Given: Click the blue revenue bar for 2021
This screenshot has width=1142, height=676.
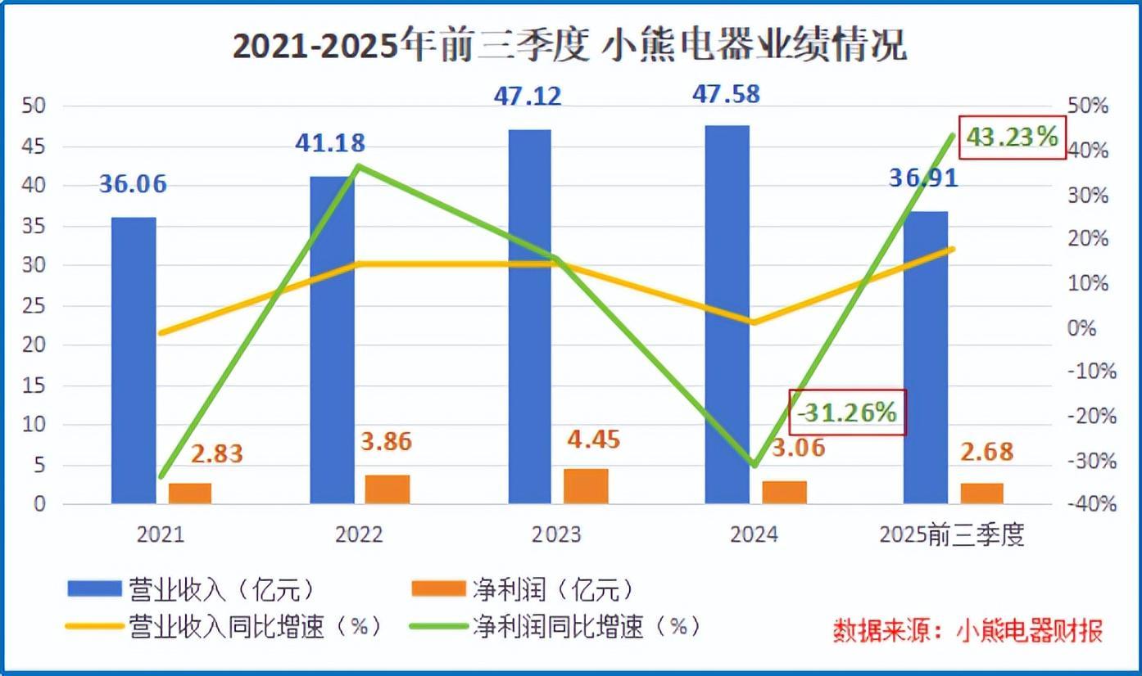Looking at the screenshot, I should tap(134, 360).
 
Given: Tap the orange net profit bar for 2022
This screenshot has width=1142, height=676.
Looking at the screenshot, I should tap(387, 489).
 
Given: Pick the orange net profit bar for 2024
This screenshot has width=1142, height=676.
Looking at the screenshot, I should tap(784, 492).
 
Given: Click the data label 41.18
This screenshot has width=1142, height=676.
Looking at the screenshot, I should tap(329, 143).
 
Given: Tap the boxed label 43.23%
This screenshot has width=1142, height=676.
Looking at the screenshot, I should tap(1013, 137).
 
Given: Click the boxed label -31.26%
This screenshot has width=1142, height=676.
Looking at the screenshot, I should tap(848, 412).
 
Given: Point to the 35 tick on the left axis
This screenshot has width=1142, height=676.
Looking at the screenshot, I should tap(36, 226).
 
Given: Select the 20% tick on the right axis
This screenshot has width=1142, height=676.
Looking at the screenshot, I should tap(1089, 239).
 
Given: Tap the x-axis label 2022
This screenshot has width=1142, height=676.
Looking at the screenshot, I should tap(359, 535).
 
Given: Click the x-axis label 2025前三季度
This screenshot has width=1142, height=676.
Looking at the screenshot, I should tap(951, 535).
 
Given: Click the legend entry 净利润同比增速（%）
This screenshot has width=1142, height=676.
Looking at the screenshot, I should tap(587, 627).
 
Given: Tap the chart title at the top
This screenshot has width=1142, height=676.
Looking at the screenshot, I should tap(570, 47).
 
